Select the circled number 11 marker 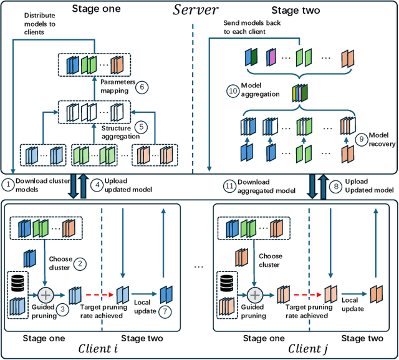tap(229, 185)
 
